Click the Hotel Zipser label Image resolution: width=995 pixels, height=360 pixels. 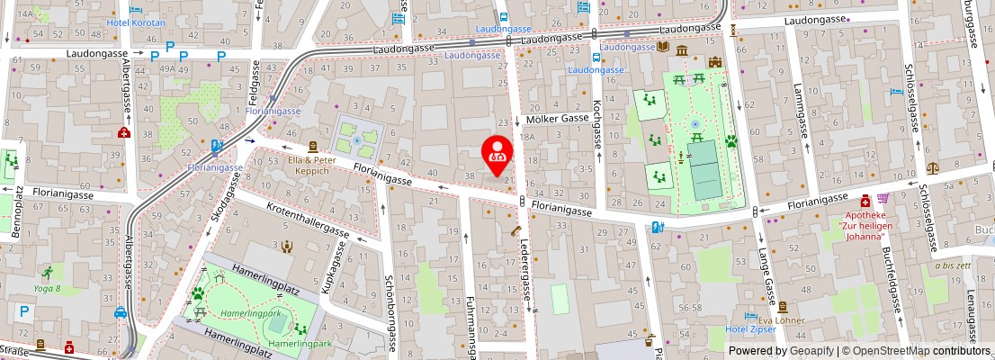click(x=751, y=329)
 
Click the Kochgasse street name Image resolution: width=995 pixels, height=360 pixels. click(x=596, y=124)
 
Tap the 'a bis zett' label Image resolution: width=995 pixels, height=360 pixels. click(x=952, y=265)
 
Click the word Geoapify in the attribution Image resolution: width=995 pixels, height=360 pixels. click(x=814, y=351)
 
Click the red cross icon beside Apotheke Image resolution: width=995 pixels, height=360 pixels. click(x=865, y=200)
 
